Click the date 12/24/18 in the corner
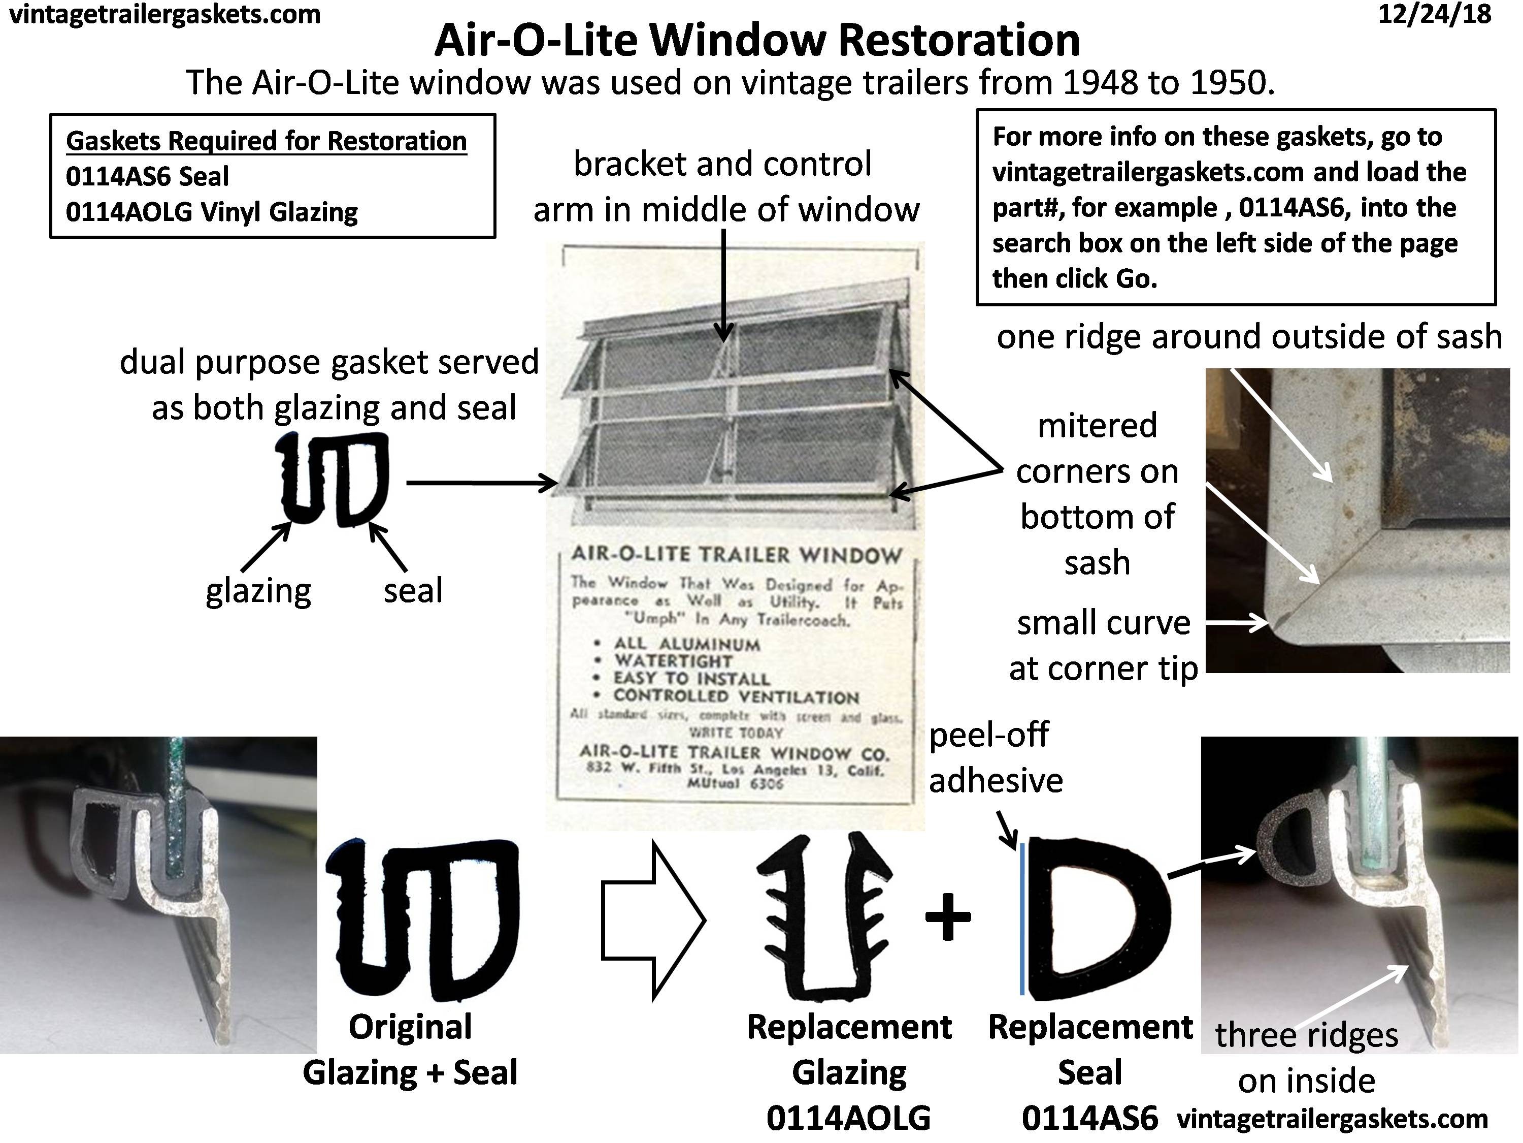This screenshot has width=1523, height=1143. click(1434, 15)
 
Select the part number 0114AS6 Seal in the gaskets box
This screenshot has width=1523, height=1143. click(147, 176)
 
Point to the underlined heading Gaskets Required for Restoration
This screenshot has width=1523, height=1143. click(266, 141)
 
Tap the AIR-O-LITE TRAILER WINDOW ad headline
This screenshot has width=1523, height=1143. click(736, 555)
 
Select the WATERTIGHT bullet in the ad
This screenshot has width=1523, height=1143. click(673, 661)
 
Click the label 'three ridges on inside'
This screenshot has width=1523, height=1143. click(1306, 1058)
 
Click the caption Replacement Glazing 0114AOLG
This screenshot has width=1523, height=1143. click(848, 1072)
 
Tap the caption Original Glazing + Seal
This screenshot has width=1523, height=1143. click(410, 1050)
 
